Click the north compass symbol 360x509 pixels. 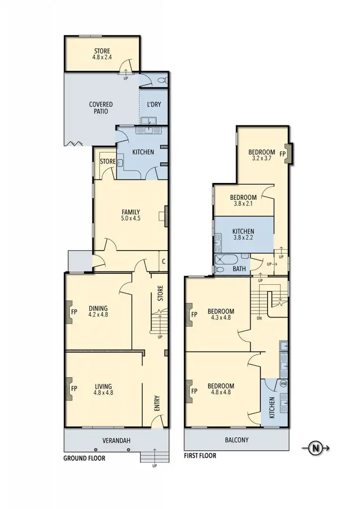[316, 448]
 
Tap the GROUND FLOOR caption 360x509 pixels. [85, 458]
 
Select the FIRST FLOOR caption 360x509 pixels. [200, 455]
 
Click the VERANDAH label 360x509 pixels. [116, 440]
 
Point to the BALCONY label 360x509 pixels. [236, 440]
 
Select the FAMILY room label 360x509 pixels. [130, 211]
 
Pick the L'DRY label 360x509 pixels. [154, 104]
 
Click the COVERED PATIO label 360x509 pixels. [101, 108]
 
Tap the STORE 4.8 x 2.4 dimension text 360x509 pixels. [102, 57]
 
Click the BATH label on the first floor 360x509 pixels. [239, 269]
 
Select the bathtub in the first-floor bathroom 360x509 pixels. [227, 259]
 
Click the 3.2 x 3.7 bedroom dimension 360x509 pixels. [262, 158]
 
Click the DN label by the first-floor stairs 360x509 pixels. [260, 318]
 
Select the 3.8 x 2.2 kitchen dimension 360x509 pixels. [243, 238]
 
